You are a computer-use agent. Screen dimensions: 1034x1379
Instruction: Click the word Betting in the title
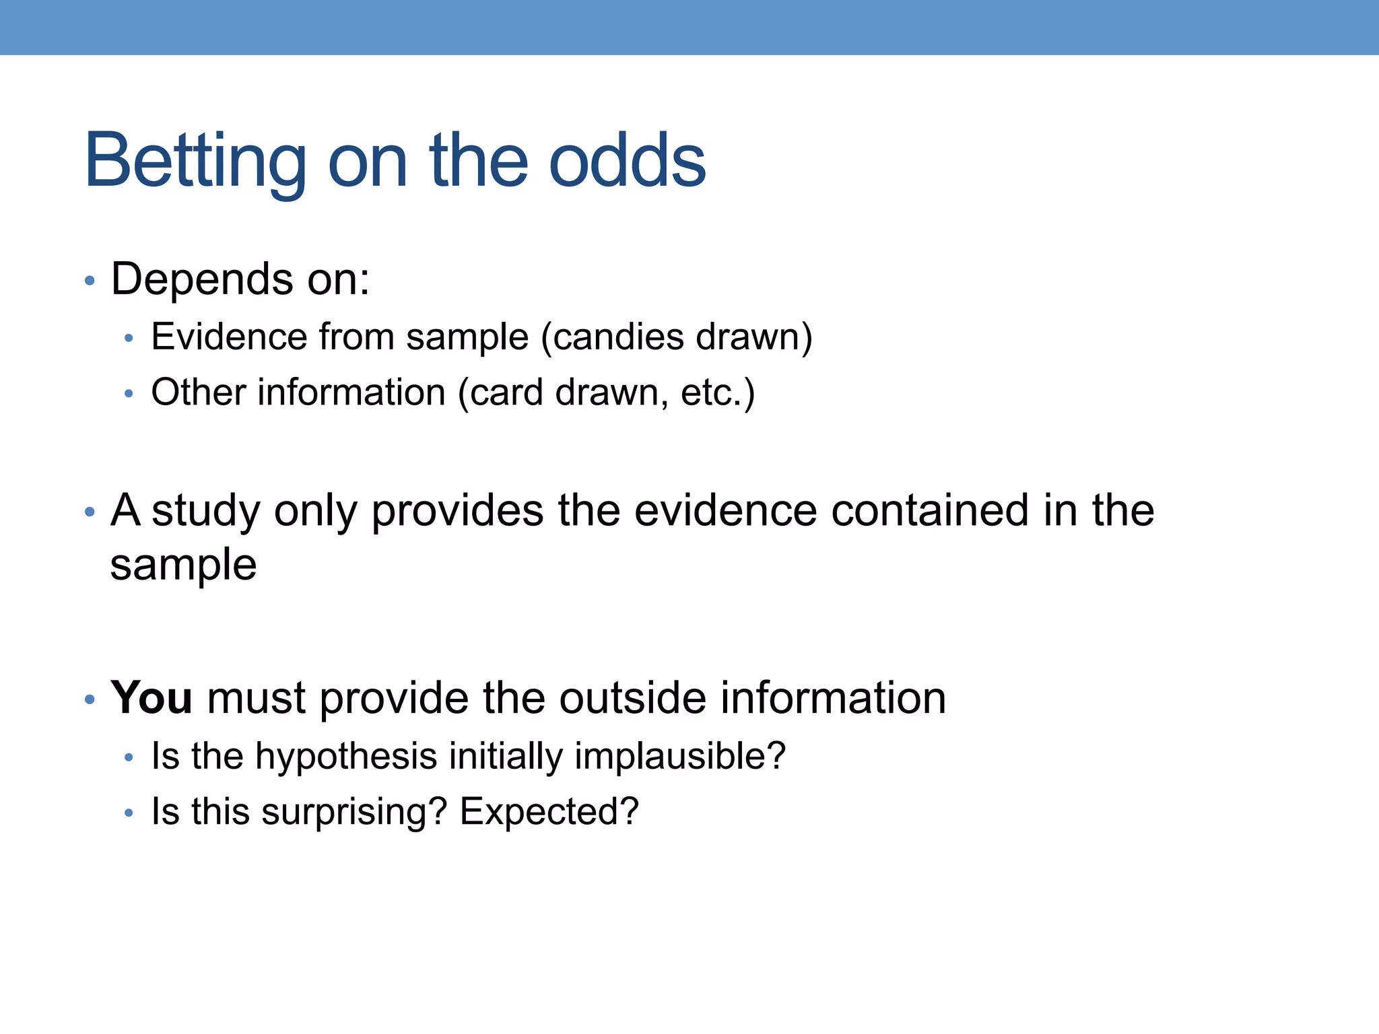pos(195,162)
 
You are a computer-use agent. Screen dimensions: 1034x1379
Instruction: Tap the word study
pos(205,512)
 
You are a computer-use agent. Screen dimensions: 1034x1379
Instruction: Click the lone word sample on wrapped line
pos(183,565)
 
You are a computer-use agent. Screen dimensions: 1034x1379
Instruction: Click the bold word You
pos(152,697)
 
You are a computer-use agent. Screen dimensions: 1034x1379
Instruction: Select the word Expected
pos(540,811)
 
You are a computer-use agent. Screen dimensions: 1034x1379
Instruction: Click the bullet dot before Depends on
pos(90,281)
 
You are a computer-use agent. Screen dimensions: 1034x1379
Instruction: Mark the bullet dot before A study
pos(90,512)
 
